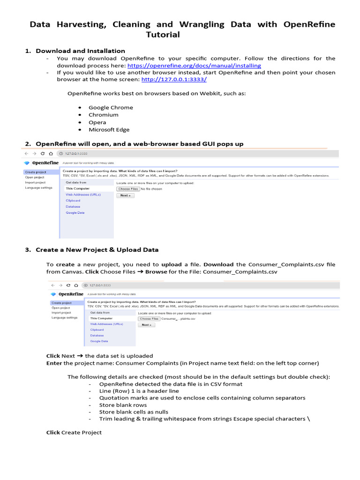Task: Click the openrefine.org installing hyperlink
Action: tap(194, 66)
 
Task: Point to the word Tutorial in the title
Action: tap(163, 35)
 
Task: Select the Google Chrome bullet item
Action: tap(111, 107)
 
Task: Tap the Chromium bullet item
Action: tap(104, 115)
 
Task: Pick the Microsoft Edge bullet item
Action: tap(109, 130)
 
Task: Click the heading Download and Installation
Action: tap(80, 51)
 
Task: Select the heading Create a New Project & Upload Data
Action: tap(97, 250)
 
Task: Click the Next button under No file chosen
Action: tap(125, 195)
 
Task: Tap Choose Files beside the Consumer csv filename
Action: tap(149, 318)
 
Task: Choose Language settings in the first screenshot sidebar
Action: tap(39, 187)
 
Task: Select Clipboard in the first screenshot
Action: tap(73, 200)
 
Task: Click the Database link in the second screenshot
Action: tap(97, 335)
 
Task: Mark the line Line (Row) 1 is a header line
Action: tap(139, 391)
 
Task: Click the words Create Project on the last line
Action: tap(81, 432)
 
